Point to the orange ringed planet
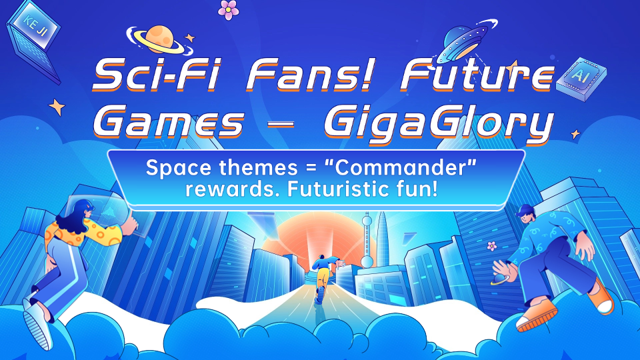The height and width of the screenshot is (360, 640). point(159,39)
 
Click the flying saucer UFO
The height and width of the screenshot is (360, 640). point(465,41)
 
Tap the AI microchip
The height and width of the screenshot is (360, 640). point(581,79)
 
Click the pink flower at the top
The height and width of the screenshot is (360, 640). point(229,10)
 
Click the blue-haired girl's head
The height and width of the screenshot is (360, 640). point(81,213)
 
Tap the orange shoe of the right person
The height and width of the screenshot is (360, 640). point(537,315)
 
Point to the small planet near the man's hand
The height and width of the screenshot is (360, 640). point(499,279)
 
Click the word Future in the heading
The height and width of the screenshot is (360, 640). point(477,75)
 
